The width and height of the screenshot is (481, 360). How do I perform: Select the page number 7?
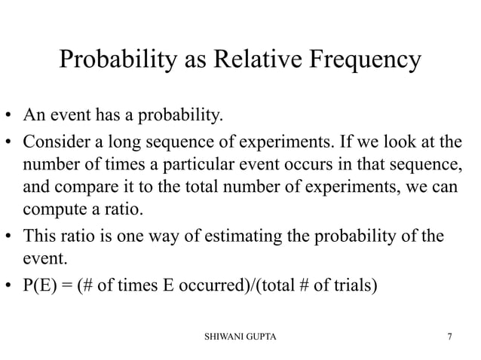450,336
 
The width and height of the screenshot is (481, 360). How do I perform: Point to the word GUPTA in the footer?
261,336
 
